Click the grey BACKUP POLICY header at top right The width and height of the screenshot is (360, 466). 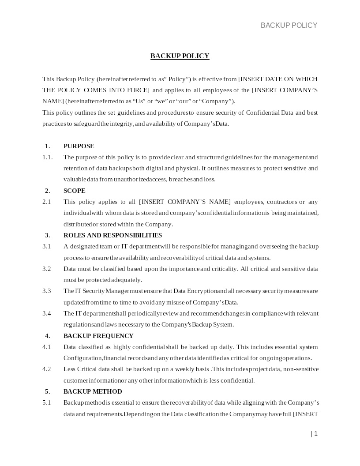point(289,25)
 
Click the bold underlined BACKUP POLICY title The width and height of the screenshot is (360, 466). point(180,56)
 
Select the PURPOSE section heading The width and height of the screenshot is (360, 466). point(79,146)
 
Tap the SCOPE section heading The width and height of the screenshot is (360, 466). point(74,191)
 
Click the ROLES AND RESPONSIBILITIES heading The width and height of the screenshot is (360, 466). point(112,235)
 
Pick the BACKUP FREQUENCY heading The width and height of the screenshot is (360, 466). point(98,336)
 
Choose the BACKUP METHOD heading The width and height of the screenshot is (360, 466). point(93,391)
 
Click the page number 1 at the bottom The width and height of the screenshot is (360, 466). point(315,434)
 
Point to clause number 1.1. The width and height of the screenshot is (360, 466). point(47,157)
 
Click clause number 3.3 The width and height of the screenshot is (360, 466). point(46,291)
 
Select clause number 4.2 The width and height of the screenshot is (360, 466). point(46,369)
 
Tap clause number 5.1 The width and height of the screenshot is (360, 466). point(46,402)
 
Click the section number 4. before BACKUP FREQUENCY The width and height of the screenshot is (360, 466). point(47,336)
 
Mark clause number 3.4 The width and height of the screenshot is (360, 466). point(46,313)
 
